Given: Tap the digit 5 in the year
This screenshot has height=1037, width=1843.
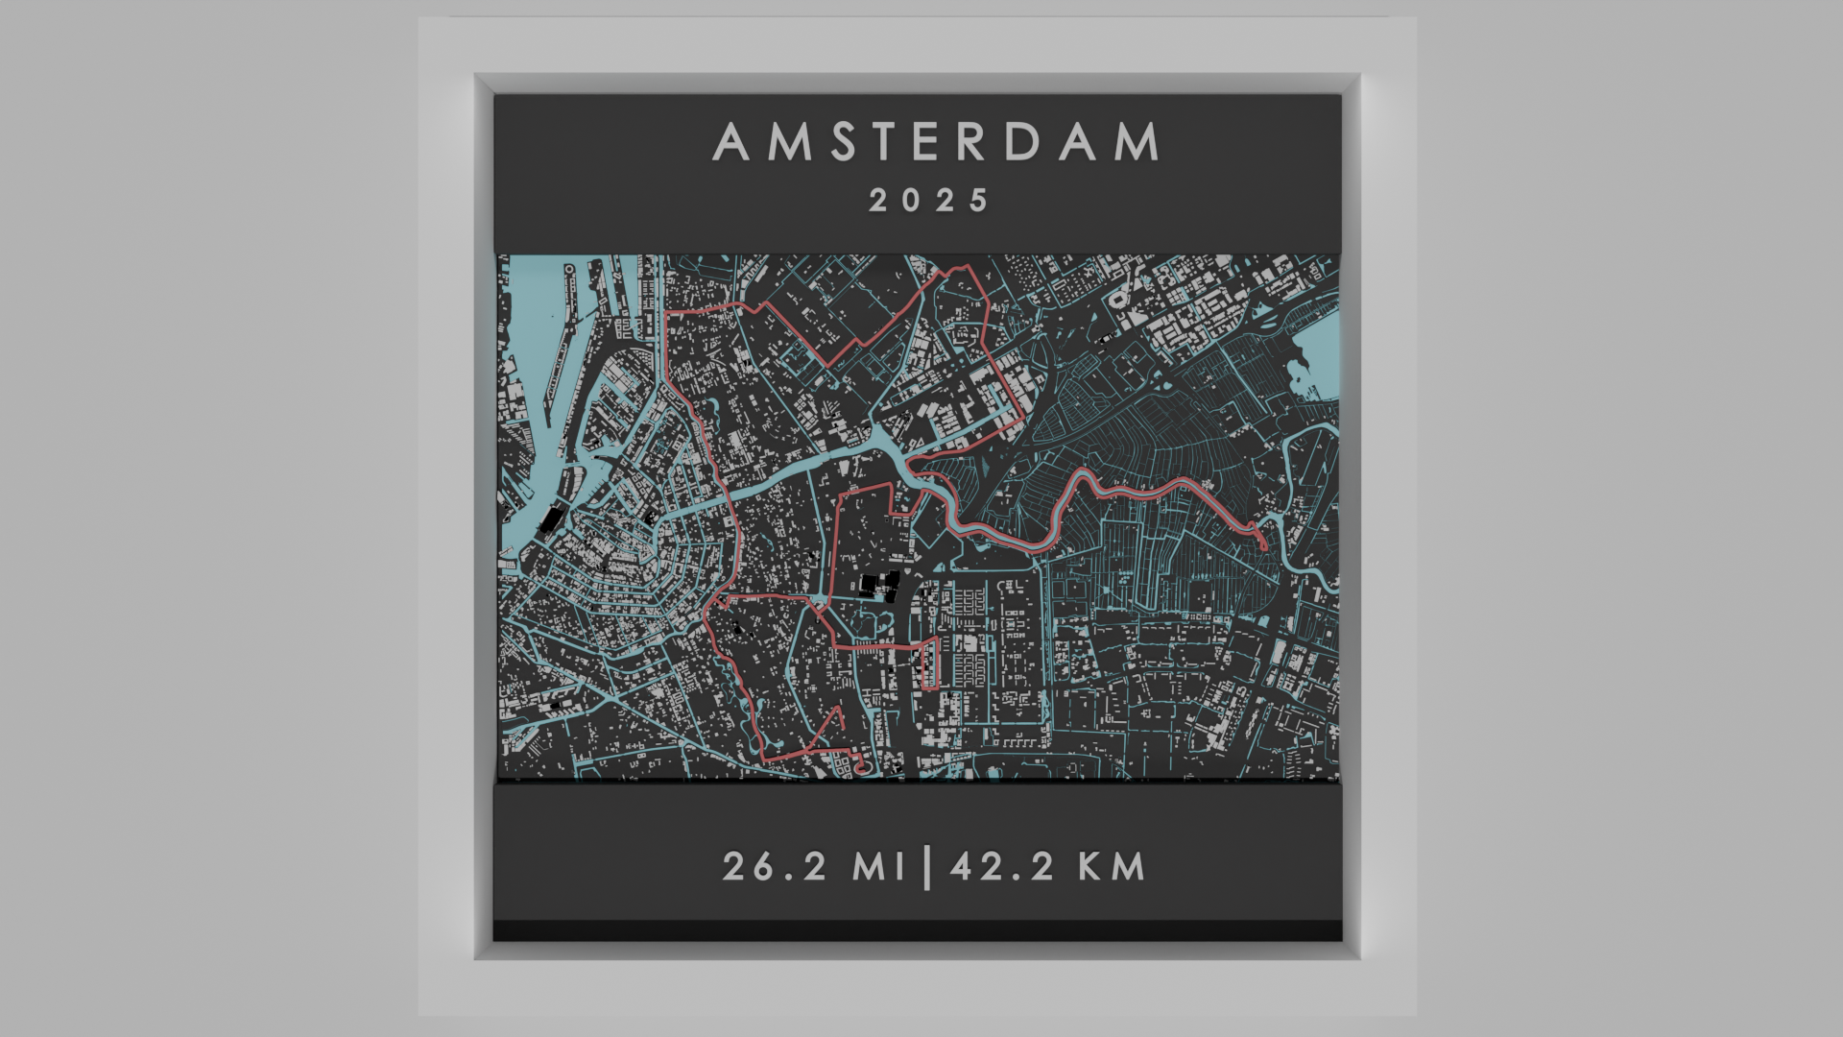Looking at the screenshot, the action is (979, 201).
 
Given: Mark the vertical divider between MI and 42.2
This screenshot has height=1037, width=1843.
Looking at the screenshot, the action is (926, 866).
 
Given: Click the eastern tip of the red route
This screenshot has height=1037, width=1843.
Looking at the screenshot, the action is (1264, 545).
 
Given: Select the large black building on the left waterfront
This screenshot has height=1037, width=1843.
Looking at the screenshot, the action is (552, 519).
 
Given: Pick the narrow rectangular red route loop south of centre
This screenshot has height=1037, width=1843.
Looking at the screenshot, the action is (929, 663).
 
